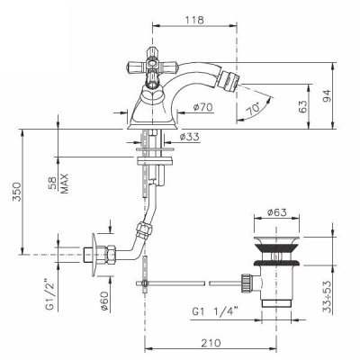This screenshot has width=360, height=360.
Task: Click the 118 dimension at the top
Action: (x=194, y=20)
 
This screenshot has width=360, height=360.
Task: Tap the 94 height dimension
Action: (x=328, y=96)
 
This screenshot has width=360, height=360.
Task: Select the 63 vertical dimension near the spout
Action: (x=303, y=106)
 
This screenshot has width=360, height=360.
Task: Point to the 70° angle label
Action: (x=253, y=109)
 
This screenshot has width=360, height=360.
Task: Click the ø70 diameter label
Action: (x=202, y=106)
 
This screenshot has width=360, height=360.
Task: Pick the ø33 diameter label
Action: (x=189, y=137)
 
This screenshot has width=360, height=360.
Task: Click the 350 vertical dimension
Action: (x=16, y=192)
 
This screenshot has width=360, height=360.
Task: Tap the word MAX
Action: (x=64, y=184)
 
